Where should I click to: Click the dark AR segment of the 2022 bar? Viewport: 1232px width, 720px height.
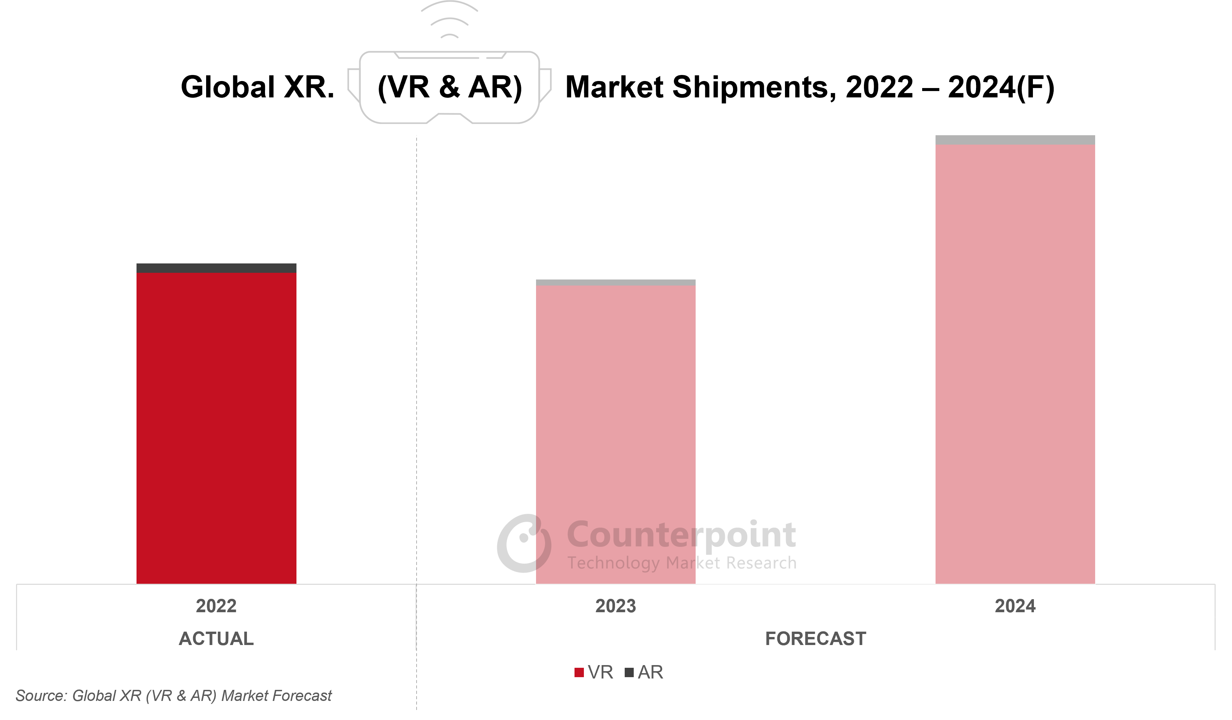[x=216, y=268]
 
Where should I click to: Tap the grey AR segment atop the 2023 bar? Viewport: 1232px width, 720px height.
[x=616, y=283]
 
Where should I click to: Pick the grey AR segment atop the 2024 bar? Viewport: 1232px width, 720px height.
[x=1015, y=140]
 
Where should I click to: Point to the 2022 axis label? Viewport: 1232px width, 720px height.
[x=216, y=606]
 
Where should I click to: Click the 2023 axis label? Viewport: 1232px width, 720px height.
[x=616, y=606]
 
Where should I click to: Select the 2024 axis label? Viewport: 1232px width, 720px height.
[x=1015, y=606]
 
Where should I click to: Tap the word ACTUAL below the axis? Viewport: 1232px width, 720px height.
[x=216, y=638]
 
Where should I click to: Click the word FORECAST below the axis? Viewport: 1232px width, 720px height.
[x=815, y=638]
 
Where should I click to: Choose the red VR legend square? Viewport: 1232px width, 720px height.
[x=579, y=672]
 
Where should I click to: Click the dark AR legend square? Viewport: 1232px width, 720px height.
[x=629, y=672]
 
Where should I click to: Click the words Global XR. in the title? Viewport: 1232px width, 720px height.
[x=258, y=87]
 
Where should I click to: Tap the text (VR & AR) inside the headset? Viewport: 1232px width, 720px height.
[x=450, y=87]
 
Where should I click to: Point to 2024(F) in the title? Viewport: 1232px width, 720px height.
[x=1001, y=87]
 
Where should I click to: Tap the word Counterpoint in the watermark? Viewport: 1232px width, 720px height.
[x=681, y=534]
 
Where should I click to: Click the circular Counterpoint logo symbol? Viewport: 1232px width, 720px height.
[x=524, y=543]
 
